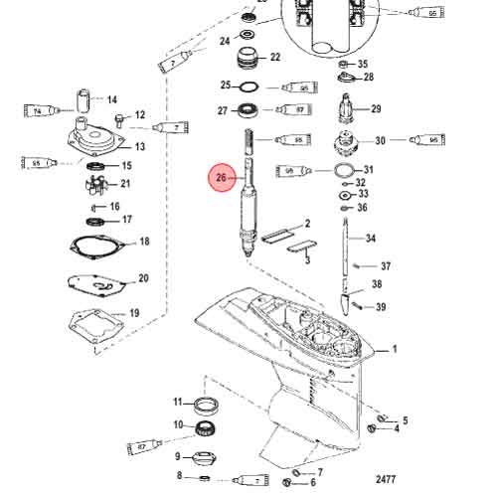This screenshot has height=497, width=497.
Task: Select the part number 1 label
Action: click(393, 349)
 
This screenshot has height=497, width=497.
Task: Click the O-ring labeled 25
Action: click(251, 86)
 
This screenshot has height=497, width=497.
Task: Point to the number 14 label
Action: click(112, 100)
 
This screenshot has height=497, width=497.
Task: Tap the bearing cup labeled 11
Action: click(207, 403)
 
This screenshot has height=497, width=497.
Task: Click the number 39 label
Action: click(381, 306)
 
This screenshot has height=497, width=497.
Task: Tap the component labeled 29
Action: click(349, 108)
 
